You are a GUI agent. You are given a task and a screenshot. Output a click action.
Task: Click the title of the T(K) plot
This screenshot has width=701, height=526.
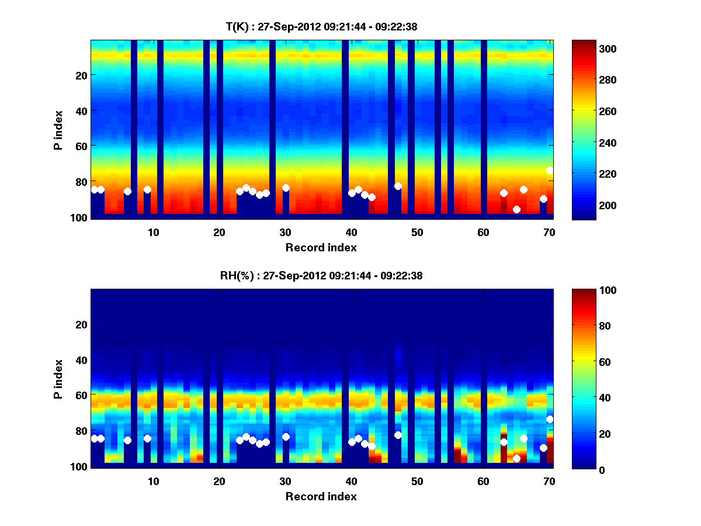click(321, 26)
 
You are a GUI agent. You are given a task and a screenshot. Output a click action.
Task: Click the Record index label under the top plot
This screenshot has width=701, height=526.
click(321, 247)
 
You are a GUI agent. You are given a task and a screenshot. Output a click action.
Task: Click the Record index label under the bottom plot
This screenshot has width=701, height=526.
click(321, 496)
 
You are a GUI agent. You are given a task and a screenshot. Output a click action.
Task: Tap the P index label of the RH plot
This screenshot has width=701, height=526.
click(58, 379)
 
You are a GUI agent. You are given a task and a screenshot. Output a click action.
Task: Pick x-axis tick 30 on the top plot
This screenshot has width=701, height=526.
click(285, 232)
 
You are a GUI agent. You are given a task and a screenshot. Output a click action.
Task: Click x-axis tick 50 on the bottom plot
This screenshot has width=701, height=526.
click(417, 481)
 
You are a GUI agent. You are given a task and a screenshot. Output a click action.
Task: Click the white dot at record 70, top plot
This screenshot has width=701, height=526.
click(550, 171)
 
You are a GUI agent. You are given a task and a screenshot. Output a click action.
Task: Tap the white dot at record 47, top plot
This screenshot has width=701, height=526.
click(398, 186)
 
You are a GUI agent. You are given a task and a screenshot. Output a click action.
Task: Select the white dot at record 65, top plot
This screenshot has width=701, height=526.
click(516, 209)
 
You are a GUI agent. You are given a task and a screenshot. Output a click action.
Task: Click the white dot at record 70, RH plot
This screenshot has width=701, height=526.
click(550, 419)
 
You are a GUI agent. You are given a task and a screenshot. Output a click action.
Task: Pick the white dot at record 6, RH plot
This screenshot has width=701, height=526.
click(127, 440)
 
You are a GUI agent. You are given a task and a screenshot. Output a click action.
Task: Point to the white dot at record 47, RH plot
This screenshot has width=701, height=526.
click(398, 435)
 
